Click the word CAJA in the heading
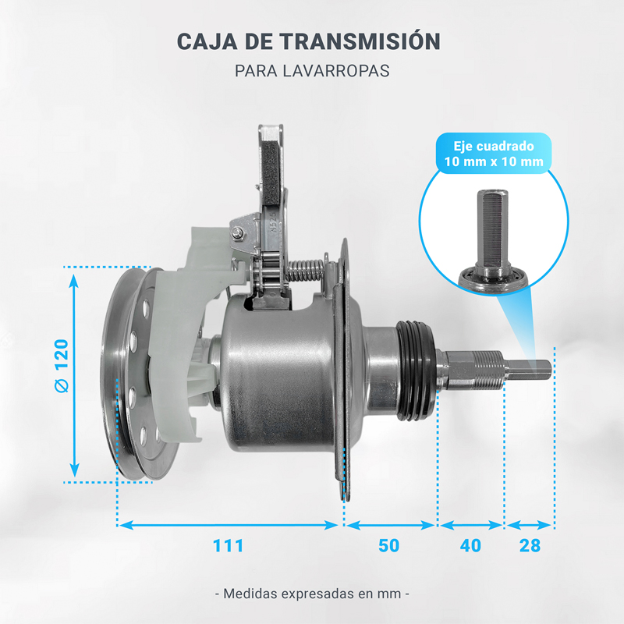coord(206,41)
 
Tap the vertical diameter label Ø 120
coord(62,367)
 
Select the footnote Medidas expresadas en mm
coord(312,593)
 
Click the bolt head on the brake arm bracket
coord(235,232)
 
